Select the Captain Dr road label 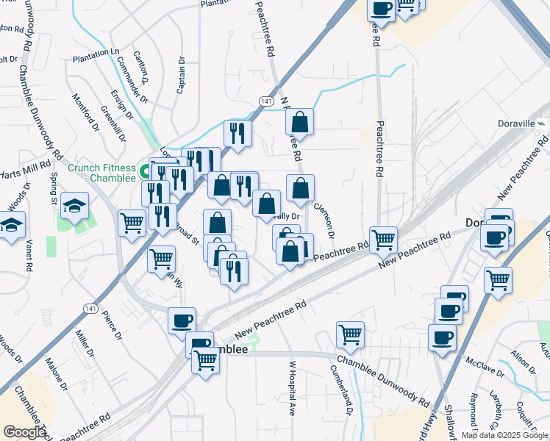click(x=181, y=76)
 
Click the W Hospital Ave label click(x=292, y=388)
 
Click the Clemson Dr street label click(x=324, y=219)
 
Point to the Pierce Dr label click(x=112, y=326)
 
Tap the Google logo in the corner click(x=24, y=432)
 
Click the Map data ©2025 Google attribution click(x=504, y=435)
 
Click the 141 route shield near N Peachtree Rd click(x=266, y=101)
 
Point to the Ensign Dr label click(x=121, y=104)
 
